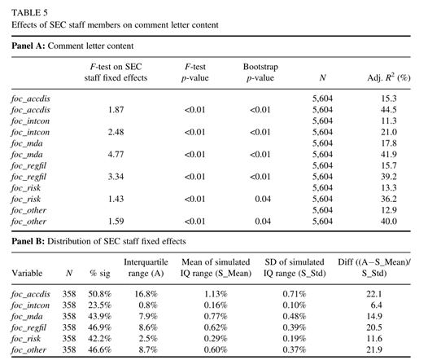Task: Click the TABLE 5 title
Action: click(x=29, y=13)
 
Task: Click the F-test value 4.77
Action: click(x=116, y=155)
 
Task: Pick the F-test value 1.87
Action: click(x=116, y=110)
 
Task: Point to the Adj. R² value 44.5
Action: click(x=389, y=110)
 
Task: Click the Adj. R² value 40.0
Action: click(x=389, y=222)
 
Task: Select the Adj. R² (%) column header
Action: click(x=389, y=78)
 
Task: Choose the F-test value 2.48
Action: click(x=116, y=132)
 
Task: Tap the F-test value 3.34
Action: click(x=116, y=177)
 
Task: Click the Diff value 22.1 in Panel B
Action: click(x=374, y=294)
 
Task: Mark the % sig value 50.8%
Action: click(x=100, y=294)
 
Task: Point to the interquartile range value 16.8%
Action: click(x=146, y=294)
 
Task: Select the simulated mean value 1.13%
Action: click(x=216, y=294)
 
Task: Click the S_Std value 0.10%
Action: click(x=295, y=305)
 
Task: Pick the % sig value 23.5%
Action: click(x=100, y=305)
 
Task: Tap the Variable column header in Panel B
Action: click(x=27, y=274)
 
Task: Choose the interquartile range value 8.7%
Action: click(x=148, y=350)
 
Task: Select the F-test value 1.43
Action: click(x=116, y=199)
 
